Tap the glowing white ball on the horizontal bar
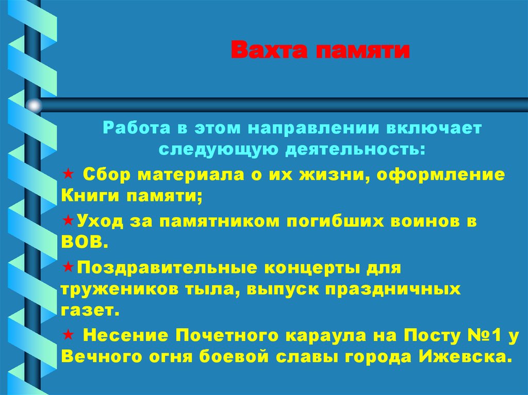point(34,106)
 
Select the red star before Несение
point(67,335)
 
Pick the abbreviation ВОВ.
point(84,242)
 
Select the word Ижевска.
point(465,357)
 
